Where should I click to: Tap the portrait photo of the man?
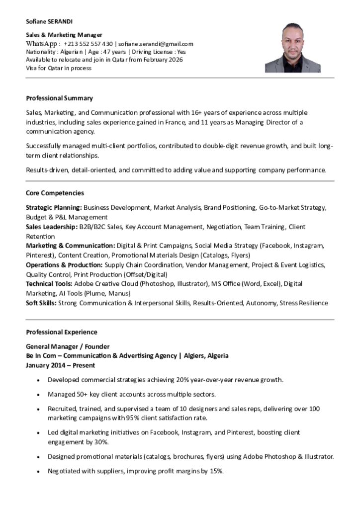click(292, 48)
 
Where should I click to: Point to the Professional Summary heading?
click(59, 98)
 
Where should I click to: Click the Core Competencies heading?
click(55, 193)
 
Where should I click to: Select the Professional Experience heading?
click(61, 332)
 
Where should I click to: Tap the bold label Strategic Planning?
click(54, 207)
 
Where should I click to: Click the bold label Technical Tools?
click(49, 284)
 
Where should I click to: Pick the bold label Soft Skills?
click(41, 303)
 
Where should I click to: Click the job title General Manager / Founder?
click(68, 346)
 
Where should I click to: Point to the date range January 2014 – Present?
click(60, 365)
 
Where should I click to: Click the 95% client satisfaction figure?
click(121, 418)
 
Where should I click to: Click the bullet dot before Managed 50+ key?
click(39, 395)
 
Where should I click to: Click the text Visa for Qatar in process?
click(59, 68)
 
